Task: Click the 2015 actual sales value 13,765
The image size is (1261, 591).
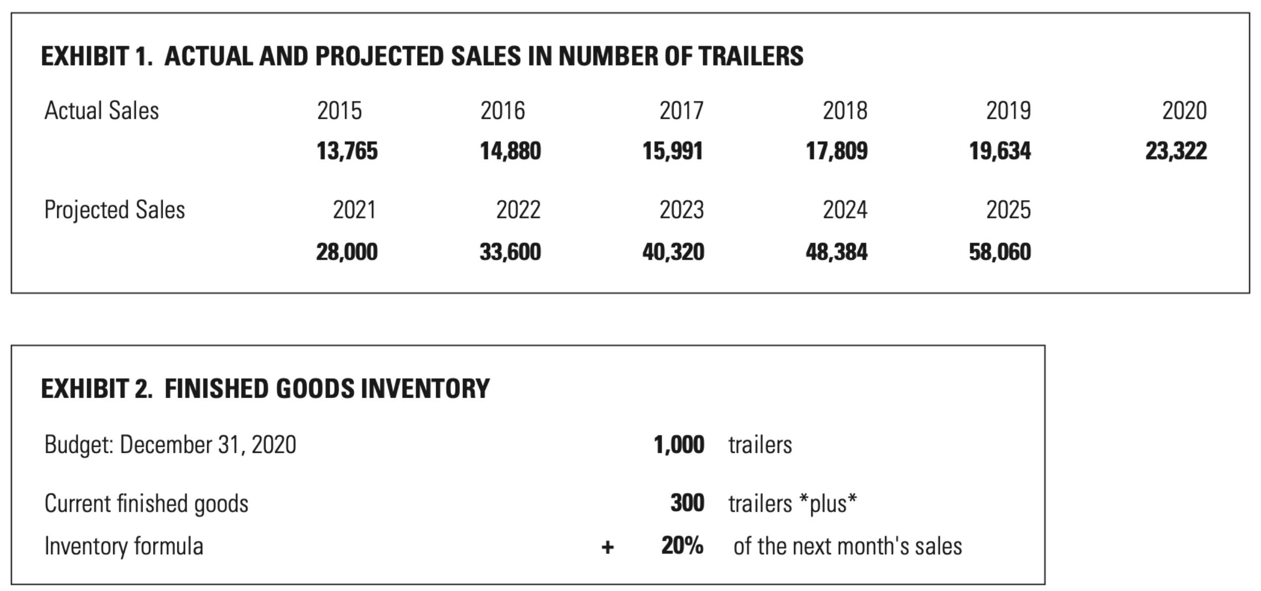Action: point(347,151)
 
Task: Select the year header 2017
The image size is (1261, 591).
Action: point(681,110)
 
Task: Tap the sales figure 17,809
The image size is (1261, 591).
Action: point(836,151)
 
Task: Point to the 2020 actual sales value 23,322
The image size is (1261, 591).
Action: point(1176,151)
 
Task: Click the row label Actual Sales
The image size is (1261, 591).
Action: point(101,110)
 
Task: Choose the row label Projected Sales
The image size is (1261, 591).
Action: point(114,210)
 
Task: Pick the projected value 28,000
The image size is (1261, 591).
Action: point(347,252)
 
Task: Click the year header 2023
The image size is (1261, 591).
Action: point(681,210)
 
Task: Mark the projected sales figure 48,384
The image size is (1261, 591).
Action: point(836,252)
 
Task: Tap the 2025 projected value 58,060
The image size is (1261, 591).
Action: point(999,252)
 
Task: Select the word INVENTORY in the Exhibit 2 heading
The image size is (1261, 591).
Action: point(425,388)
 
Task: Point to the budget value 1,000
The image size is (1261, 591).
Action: point(679,444)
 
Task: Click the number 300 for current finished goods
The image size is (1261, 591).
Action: point(687,503)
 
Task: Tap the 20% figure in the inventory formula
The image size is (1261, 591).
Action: point(682,545)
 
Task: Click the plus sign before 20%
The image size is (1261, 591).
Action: point(607,547)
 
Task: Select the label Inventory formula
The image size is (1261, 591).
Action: point(124,546)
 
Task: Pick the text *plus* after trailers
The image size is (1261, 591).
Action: point(828,503)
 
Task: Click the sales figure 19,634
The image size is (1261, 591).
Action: point(999,151)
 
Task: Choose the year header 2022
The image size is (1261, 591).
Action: point(518,210)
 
